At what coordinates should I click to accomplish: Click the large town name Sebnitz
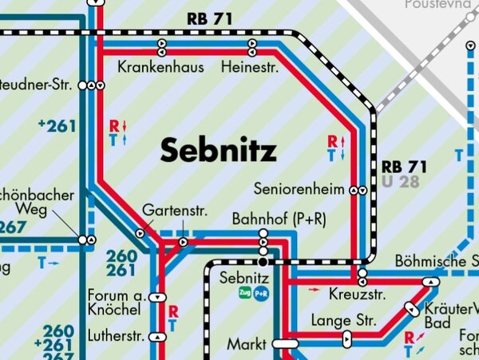(x=218, y=149)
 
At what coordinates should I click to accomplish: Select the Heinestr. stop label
(x=251, y=67)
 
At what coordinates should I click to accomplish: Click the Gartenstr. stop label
(x=175, y=212)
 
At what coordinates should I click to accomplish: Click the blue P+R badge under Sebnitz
(x=262, y=294)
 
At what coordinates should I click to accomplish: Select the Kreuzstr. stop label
(x=357, y=295)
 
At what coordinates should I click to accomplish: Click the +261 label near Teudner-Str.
(x=56, y=125)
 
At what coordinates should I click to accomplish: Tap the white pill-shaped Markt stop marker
(x=284, y=344)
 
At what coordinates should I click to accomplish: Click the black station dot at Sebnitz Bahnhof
(x=263, y=261)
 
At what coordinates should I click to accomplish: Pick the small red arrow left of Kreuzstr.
(x=314, y=289)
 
